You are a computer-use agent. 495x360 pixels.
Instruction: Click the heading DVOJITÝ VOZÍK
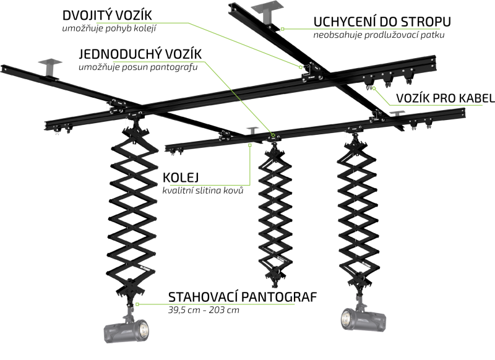point(107,15)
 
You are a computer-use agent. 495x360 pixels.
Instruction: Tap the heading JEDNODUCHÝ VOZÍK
point(140,54)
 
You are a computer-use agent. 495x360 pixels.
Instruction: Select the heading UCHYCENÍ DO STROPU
point(382,22)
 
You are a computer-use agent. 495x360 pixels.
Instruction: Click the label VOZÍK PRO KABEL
point(445,98)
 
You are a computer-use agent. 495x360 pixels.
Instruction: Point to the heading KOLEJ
point(181,178)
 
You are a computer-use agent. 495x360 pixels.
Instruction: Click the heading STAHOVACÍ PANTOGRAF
point(243,297)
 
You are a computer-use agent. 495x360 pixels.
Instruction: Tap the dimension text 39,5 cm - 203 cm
point(204,310)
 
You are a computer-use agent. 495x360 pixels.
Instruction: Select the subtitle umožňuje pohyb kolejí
point(110,28)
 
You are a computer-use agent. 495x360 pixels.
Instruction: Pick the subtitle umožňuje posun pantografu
point(138,67)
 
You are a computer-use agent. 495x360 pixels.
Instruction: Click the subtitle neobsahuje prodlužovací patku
point(379,35)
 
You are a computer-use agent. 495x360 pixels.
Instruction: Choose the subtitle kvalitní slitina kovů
point(203,191)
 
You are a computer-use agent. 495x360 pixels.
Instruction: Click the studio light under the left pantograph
point(127,330)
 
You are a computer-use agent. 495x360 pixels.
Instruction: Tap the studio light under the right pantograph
point(363,319)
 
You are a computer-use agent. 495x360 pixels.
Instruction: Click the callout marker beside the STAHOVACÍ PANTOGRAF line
point(137,304)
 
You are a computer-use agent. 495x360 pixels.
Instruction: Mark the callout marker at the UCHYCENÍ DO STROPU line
point(283,29)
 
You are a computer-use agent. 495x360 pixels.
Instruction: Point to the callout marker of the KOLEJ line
point(250,145)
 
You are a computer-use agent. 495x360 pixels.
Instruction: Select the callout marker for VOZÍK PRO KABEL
point(374,88)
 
